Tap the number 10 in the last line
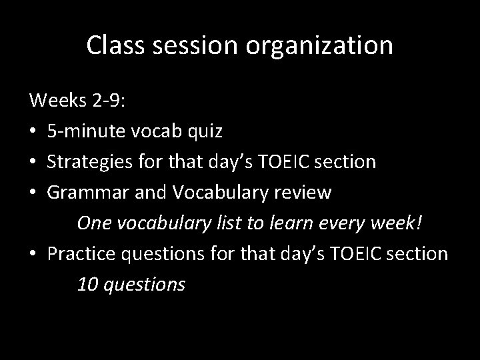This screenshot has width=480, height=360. (x=87, y=285)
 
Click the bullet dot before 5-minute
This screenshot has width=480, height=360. (x=33, y=132)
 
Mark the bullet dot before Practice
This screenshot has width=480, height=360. (x=33, y=254)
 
